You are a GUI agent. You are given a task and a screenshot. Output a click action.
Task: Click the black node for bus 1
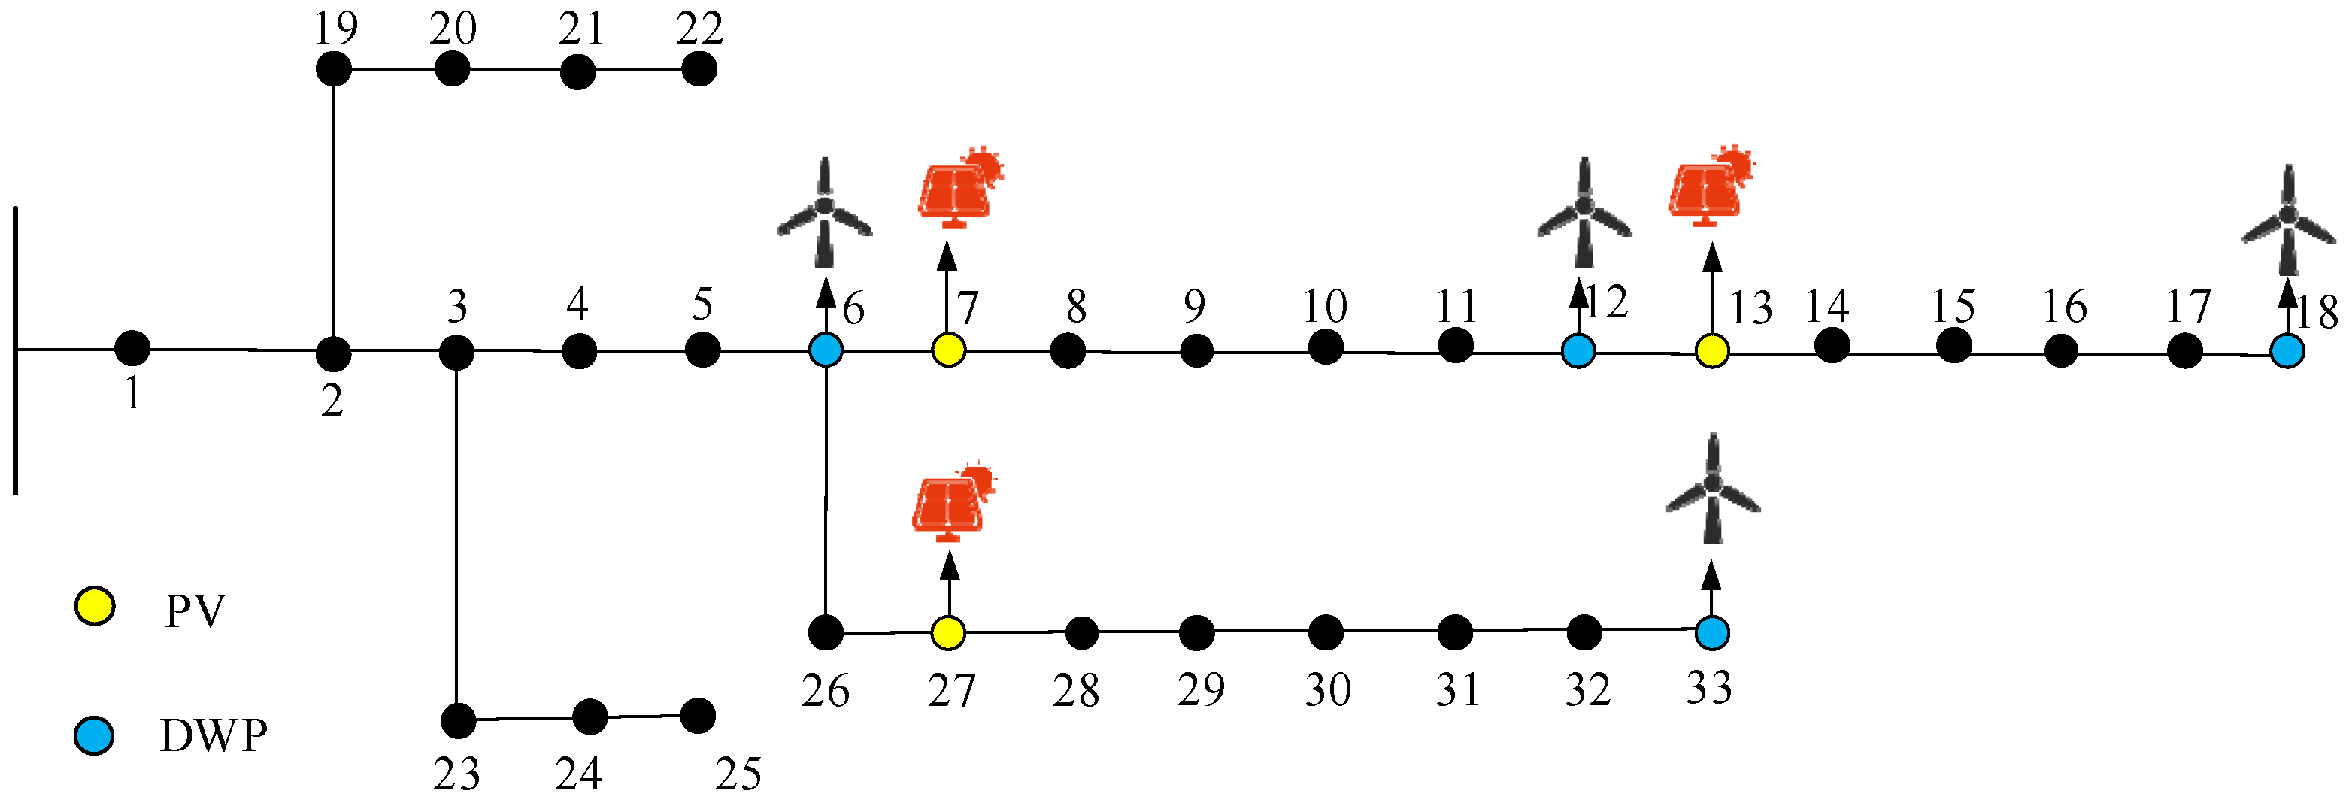pos(132,348)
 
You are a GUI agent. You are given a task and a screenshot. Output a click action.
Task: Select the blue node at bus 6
pos(826,350)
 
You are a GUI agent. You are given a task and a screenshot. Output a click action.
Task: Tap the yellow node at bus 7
pos(949,350)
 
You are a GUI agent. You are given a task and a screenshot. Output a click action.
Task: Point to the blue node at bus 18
pos(2287,351)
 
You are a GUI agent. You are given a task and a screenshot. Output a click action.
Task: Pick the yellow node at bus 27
pos(949,632)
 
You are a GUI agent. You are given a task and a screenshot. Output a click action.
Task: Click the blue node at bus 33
pos(1712,632)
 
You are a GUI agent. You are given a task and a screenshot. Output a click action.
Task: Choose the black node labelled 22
pos(699,68)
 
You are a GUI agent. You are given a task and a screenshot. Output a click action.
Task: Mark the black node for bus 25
pos(699,715)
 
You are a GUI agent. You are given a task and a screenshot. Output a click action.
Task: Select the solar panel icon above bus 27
pos(952,502)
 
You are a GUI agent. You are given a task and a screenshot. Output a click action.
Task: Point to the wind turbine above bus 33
pos(1713,489)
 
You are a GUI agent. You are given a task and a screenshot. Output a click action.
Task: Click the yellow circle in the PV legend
pos(94,607)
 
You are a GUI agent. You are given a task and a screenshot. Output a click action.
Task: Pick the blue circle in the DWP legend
pos(94,735)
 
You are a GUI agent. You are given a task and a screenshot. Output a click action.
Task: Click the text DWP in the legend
pos(214,736)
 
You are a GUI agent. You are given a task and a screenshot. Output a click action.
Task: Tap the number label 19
pos(335,29)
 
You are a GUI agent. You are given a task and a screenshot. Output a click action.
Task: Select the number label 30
pos(1328,689)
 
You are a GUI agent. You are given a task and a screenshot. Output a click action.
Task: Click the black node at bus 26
pos(826,632)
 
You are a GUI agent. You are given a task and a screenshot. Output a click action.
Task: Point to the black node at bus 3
pos(456,353)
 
